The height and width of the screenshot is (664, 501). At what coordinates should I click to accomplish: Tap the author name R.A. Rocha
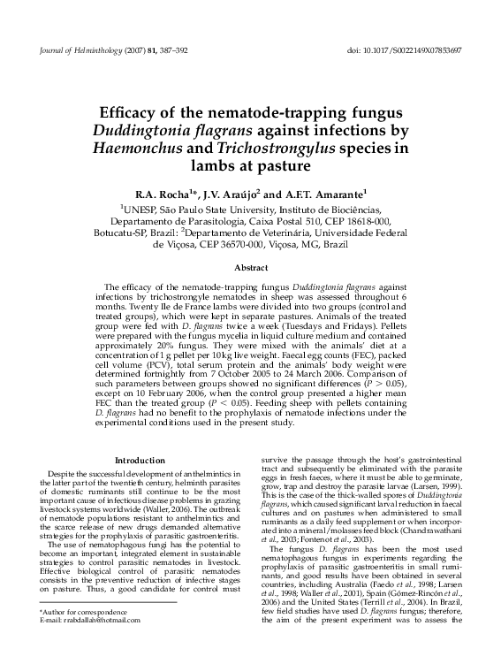(161, 194)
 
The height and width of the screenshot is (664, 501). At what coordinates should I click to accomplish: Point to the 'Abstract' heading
(250, 266)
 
